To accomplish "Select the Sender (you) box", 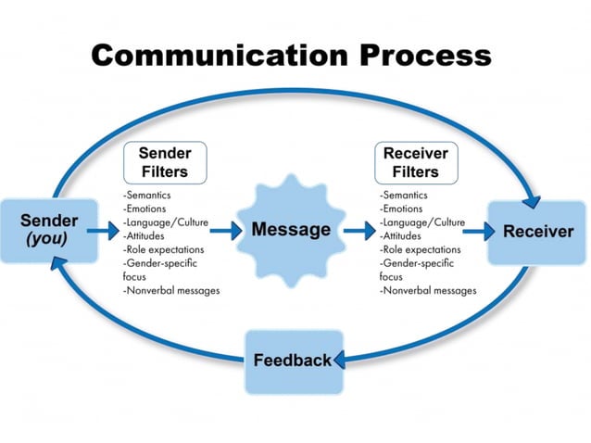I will [50, 230].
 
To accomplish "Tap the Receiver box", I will [538, 232].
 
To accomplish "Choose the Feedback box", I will [293, 361].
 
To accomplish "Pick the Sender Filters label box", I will [163, 162].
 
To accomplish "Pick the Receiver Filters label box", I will [416, 162].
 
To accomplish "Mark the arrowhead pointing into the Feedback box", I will [340, 359].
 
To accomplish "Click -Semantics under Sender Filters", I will [147, 196].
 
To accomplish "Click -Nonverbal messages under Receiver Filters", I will [428, 291].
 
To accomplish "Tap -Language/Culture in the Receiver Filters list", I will [421, 223].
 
